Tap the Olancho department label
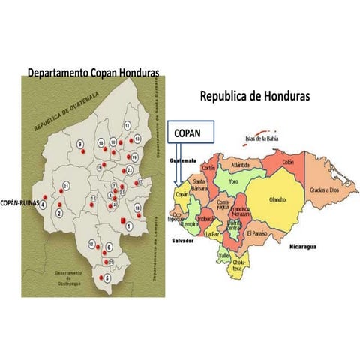tap(277, 199)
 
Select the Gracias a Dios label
tap(328, 190)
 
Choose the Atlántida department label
tap(245, 165)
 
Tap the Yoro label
tap(235, 181)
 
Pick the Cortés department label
tap(208, 168)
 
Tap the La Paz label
tap(212, 234)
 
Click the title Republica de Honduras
tap(255, 97)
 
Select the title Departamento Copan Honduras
tap(94, 73)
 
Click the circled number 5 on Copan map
tap(107, 277)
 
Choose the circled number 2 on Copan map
tap(58, 213)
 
